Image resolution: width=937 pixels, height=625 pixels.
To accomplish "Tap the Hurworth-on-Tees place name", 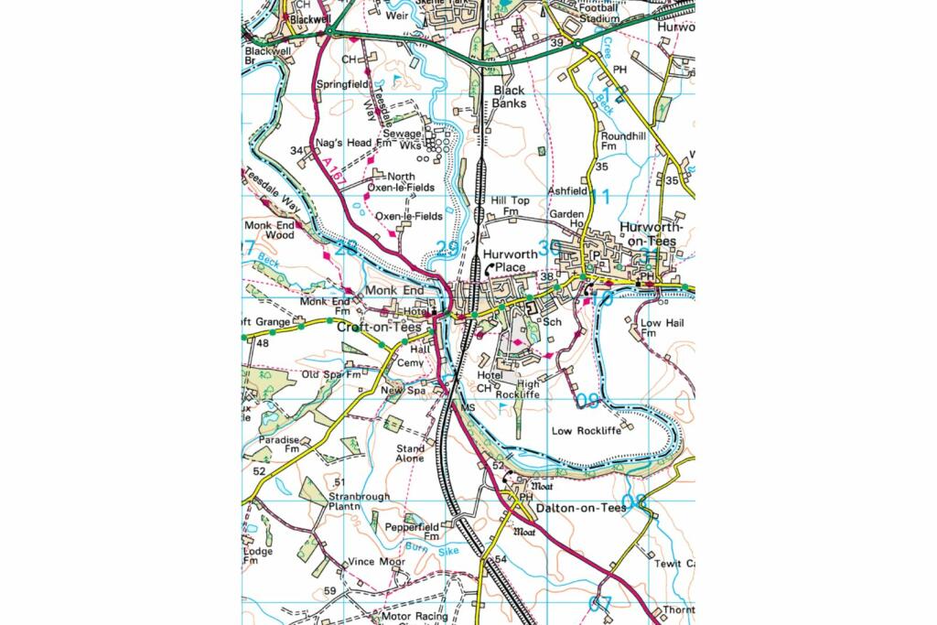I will [647, 234].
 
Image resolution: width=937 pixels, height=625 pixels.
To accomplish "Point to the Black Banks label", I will [510, 97].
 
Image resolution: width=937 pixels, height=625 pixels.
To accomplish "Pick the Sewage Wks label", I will [403, 139].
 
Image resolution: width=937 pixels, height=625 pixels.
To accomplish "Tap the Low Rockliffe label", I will [587, 430].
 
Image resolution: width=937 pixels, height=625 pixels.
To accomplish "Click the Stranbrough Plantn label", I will [358, 502].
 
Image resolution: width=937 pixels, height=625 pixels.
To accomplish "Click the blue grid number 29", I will [447, 248].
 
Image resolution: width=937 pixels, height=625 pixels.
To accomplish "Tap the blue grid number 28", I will [346, 247].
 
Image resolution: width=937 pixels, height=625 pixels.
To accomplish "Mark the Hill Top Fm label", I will [510, 205].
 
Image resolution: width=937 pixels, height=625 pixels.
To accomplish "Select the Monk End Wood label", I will [269, 230].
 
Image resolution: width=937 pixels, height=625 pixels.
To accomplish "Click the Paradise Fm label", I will [279, 445].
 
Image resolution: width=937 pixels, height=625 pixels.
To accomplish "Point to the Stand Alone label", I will [410, 454].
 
